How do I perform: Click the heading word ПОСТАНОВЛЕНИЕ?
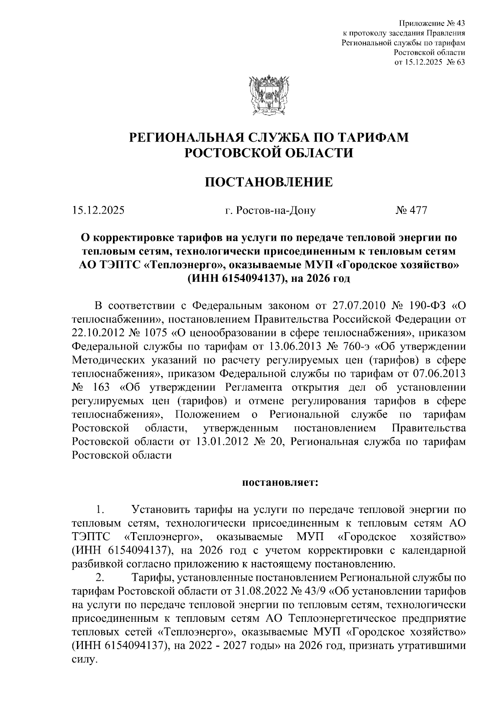coord(268,183)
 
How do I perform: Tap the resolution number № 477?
coord(411,210)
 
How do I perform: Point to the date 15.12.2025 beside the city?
coord(98,210)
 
